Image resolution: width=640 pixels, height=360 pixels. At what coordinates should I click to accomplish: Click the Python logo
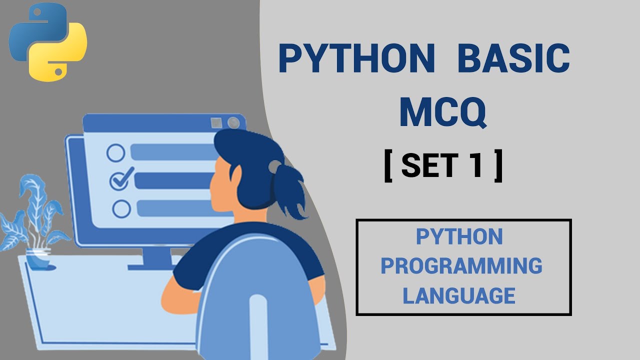click(x=48, y=42)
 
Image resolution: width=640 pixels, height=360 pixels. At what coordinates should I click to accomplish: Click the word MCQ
click(x=442, y=113)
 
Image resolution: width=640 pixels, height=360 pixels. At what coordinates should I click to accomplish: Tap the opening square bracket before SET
click(x=388, y=166)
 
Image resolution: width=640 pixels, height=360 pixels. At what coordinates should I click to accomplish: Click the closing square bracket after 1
click(x=498, y=166)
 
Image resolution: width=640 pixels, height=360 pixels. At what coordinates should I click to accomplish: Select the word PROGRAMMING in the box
click(x=461, y=266)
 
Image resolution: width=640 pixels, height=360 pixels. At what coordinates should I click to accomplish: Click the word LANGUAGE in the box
click(x=459, y=295)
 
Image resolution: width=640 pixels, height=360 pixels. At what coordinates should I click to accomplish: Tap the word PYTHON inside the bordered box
click(x=459, y=236)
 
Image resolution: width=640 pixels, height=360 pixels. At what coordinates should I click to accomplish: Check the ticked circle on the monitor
click(x=119, y=178)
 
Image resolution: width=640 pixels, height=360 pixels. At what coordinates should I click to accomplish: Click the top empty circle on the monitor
click(x=116, y=153)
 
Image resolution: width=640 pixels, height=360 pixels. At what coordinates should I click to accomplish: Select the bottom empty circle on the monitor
click(x=121, y=208)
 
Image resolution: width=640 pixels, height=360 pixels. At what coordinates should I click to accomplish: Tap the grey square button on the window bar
click(x=216, y=123)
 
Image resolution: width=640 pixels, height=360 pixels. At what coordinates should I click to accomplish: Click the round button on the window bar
click(x=233, y=123)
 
